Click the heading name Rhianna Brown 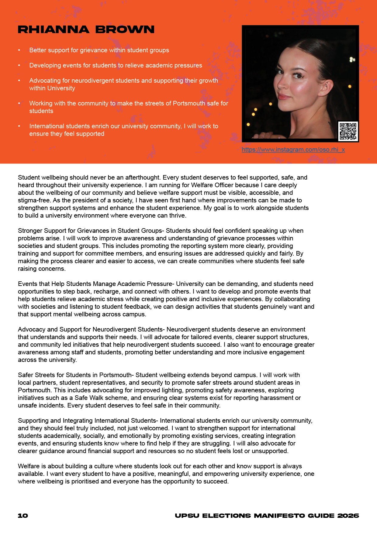[x=86, y=29]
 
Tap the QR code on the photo [x=348, y=131]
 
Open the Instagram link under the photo [x=293, y=150]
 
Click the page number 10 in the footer [x=23, y=516]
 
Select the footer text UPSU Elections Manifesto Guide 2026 [x=267, y=516]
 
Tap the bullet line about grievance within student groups [x=99, y=50]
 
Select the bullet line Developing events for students [x=116, y=65]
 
